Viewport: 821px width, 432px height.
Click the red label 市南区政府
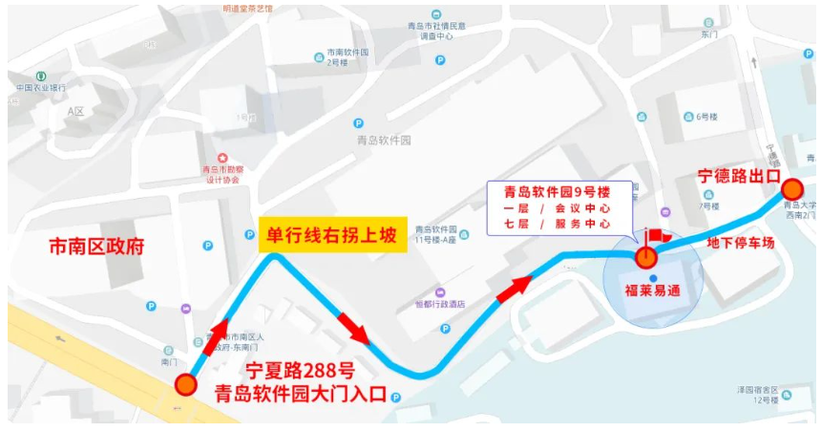click(96, 247)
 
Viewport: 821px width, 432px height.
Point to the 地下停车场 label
click(740, 243)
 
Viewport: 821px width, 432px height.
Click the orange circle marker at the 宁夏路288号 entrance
click(185, 385)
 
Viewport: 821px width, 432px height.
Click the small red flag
click(657, 235)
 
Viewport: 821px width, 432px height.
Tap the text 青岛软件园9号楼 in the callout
click(558, 189)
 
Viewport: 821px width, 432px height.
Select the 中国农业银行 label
click(41, 88)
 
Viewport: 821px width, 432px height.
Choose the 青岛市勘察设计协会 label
click(221, 173)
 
